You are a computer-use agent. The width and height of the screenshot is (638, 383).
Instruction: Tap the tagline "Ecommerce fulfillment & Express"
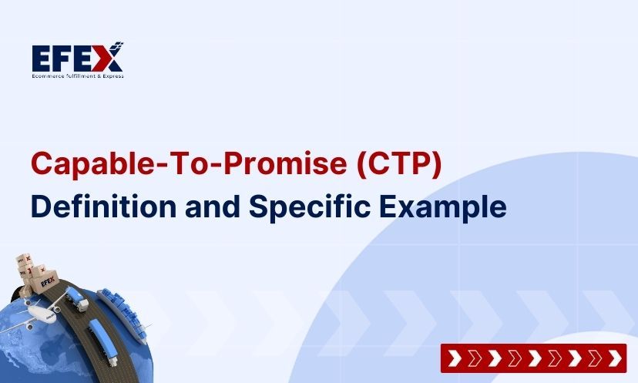(77, 76)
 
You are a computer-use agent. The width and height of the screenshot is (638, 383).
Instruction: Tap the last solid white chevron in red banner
(613, 358)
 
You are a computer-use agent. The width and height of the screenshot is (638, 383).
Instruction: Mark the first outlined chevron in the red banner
(472, 358)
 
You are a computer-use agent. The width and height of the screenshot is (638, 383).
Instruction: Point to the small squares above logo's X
(118, 45)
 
